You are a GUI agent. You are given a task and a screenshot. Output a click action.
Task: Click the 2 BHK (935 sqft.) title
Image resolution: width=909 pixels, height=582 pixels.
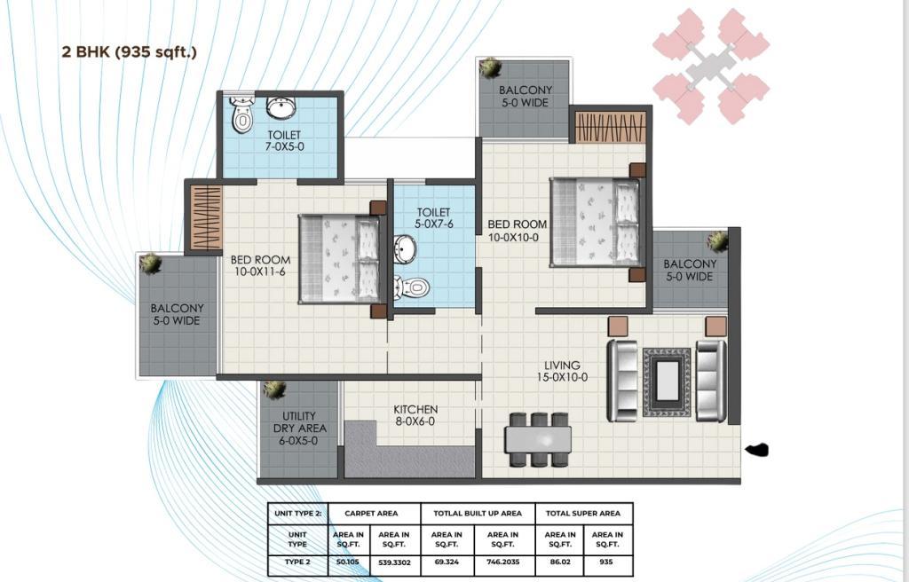coord(130,51)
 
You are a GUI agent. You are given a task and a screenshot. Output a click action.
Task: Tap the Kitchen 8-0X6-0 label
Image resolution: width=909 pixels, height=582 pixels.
coord(415,415)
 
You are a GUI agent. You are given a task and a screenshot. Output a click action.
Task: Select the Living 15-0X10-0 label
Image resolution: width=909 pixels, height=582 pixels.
coord(562,371)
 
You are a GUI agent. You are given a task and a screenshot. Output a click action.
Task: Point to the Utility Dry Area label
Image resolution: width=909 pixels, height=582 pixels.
coord(300,428)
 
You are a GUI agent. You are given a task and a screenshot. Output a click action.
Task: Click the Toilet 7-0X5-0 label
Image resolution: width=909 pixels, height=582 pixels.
coord(284,141)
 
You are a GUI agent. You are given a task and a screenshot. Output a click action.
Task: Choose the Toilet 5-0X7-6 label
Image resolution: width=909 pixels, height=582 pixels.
coord(433,218)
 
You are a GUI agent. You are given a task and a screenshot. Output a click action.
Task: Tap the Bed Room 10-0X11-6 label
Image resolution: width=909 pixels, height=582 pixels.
coord(260,265)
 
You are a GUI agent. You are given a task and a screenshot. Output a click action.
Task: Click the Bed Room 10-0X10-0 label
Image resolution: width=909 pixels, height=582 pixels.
coord(518,230)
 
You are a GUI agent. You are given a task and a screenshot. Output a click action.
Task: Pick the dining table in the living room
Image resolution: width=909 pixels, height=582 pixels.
coord(538,439)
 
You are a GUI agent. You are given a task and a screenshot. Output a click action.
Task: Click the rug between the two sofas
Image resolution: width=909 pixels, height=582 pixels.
coord(667,381)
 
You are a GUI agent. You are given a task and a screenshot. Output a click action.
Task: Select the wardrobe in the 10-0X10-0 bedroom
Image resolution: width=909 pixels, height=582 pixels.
coord(610,127)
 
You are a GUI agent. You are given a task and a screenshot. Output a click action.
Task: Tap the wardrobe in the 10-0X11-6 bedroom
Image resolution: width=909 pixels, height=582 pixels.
coord(207,217)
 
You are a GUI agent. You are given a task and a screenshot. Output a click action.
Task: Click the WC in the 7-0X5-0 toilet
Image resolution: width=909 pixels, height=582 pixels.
coord(241,115)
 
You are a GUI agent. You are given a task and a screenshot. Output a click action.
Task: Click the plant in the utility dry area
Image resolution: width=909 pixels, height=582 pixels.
coord(274,389)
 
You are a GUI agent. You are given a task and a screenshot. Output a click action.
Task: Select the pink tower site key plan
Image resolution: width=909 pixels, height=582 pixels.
coord(711,66)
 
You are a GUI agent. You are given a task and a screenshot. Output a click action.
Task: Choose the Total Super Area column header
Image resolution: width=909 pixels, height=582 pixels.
coord(583,513)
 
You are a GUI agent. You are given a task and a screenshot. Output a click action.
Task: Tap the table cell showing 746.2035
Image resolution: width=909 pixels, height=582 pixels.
coord(502,562)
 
